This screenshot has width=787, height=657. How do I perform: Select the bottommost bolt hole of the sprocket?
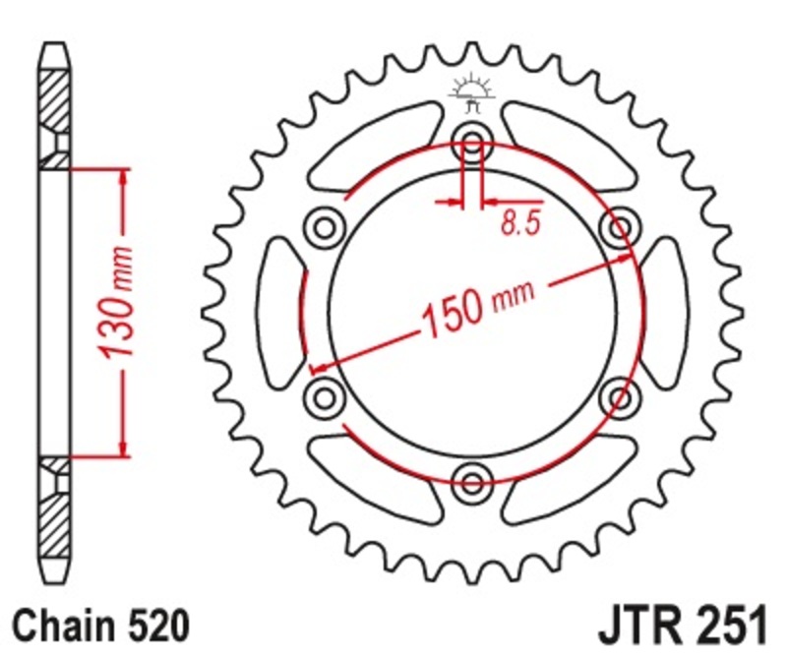click(x=473, y=481)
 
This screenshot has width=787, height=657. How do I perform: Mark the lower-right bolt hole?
click(x=620, y=396)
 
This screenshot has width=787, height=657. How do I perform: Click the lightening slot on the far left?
click(x=280, y=312)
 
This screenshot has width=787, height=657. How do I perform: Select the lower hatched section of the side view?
click(x=55, y=511)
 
